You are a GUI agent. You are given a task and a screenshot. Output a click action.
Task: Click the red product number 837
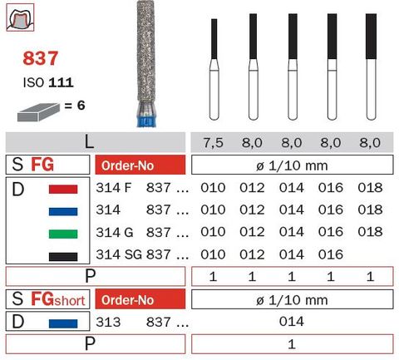(x=42, y=60)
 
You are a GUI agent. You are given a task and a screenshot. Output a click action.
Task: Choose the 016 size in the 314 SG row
(x=331, y=254)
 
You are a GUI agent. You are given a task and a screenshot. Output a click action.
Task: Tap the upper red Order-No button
(x=138, y=164)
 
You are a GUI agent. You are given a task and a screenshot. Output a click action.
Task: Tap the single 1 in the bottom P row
(x=290, y=344)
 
